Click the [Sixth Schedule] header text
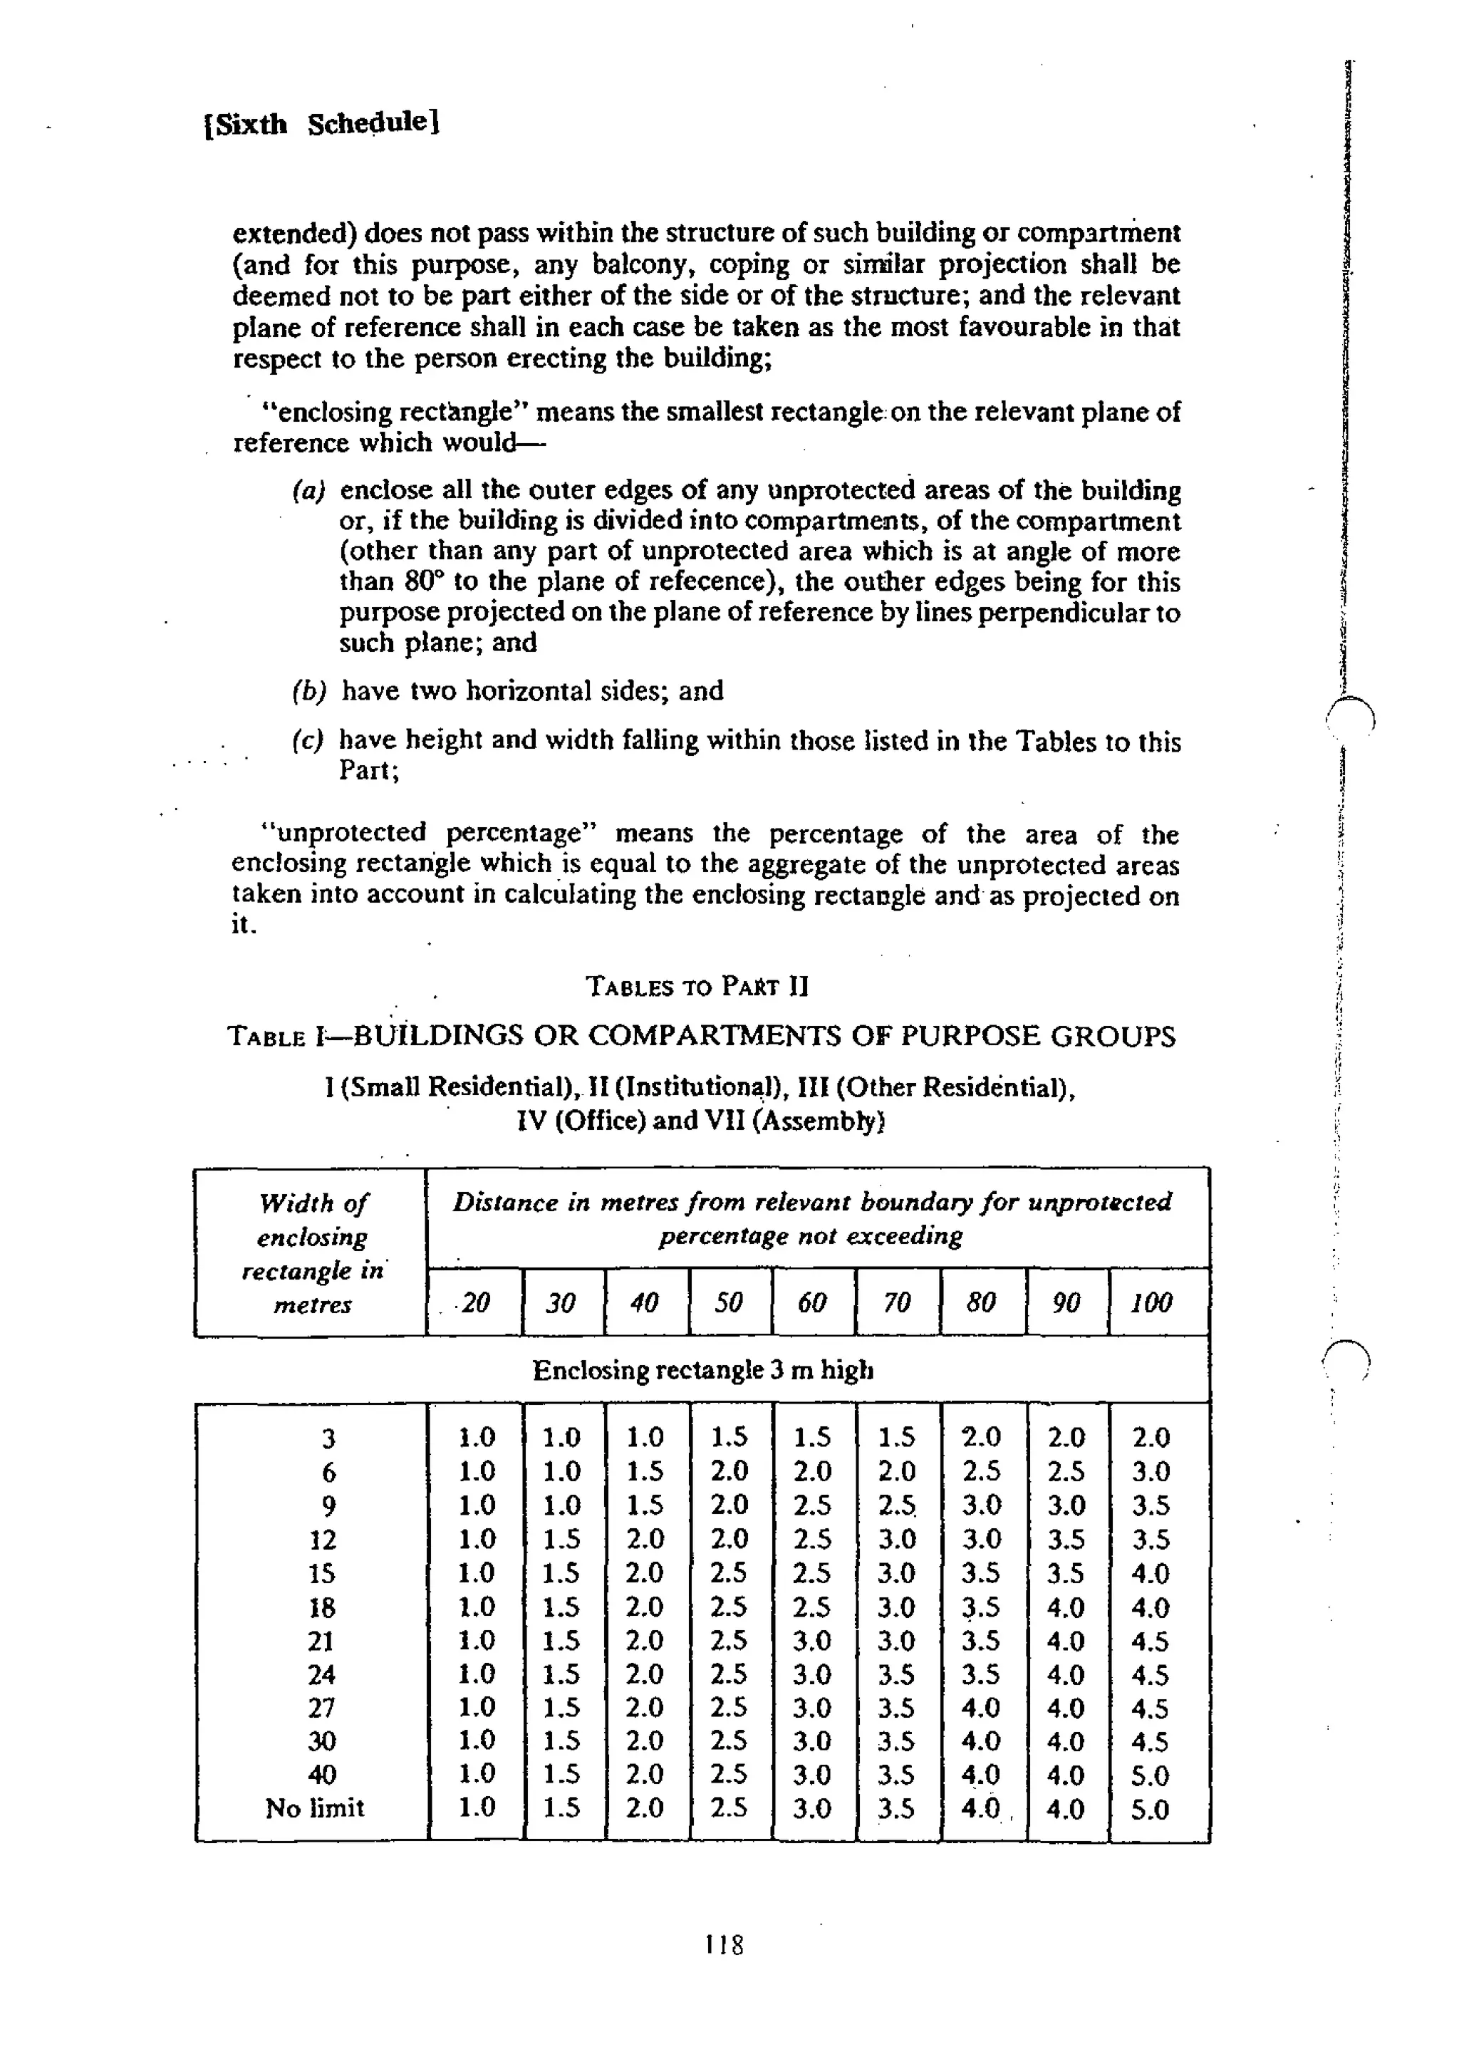click(x=321, y=123)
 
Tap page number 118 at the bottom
click(x=724, y=1944)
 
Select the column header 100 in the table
click(x=1151, y=1302)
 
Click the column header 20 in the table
click(x=474, y=1302)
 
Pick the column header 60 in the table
click(x=811, y=1302)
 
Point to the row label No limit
click(x=315, y=1807)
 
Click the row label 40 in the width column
click(x=322, y=1773)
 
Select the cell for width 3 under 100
click(x=1151, y=1438)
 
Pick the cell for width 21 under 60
click(x=811, y=1639)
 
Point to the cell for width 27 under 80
click(x=981, y=1706)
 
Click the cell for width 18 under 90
click(x=1066, y=1607)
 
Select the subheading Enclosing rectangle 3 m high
click(x=702, y=1370)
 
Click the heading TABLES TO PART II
click(x=697, y=986)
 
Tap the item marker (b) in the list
click(x=308, y=690)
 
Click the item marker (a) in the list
click(x=308, y=490)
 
